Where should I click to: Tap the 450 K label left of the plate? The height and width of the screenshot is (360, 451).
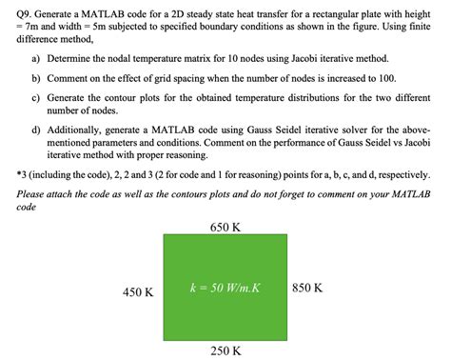(138, 292)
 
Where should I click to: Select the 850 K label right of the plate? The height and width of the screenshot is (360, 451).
(314, 287)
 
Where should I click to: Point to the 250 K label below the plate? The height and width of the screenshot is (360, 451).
(225, 350)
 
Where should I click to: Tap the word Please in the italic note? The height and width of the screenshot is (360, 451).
(33, 193)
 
